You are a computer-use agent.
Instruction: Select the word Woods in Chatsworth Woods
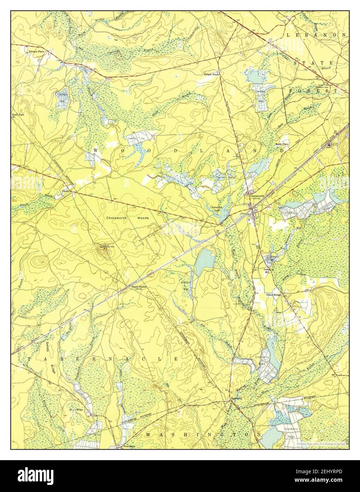[143, 218]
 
